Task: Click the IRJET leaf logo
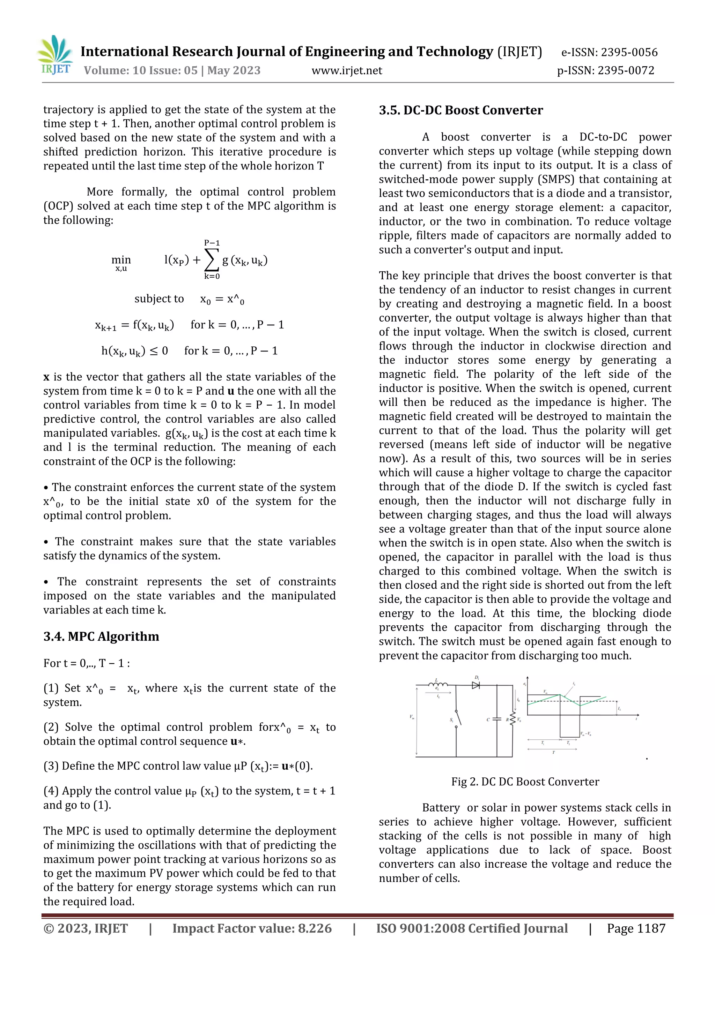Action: tap(55, 55)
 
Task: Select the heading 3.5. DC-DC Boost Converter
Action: tap(460, 111)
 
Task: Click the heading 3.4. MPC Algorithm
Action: tap(101, 636)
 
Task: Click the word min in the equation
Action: tap(121, 260)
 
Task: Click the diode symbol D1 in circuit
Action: tap(476, 685)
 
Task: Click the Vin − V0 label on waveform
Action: tap(585, 733)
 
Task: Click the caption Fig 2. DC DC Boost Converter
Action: tap(525, 782)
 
